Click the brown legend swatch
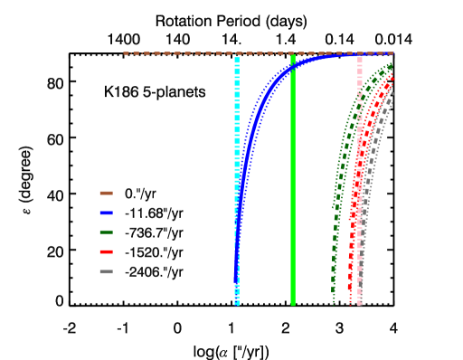(x=106, y=193)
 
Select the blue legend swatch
(x=106, y=213)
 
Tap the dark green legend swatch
(x=106, y=232)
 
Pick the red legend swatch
(x=106, y=251)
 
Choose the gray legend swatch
(x=106, y=271)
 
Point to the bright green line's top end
(x=293, y=56)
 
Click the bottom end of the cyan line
(x=237, y=304)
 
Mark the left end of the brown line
(x=125, y=53)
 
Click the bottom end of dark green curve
(x=334, y=302)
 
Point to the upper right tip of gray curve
(x=392, y=99)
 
